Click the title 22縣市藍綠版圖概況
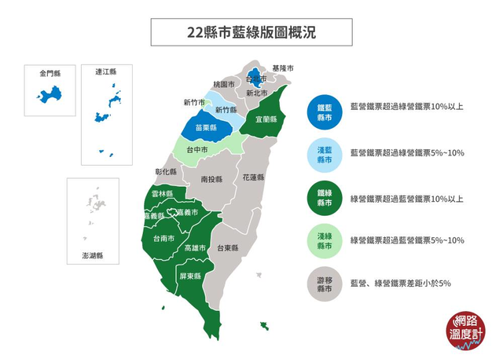click(x=251, y=32)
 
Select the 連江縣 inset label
click(x=105, y=71)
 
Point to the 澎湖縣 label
click(x=92, y=255)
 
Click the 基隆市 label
click(x=282, y=68)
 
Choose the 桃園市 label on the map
click(x=223, y=84)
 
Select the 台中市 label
click(x=197, y=149)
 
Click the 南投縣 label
click(x=211, y=179)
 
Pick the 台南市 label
click(x=163, y=239)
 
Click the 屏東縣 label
click(x=192, y=276)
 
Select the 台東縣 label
click(x=228, y=247)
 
